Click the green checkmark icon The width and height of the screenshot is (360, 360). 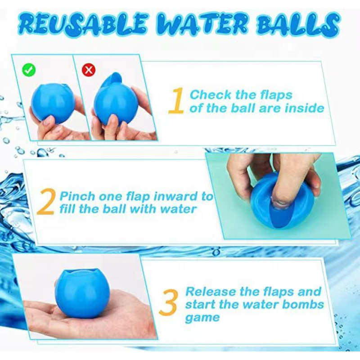point(29,70)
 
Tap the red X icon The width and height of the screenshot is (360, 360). point(89,70)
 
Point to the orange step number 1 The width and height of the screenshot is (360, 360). point(177,101)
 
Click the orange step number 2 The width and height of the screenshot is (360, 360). point(46,202)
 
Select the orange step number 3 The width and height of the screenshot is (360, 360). point(167,304)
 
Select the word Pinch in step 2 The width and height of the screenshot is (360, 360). point(77,196)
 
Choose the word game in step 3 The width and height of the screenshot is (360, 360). point(202,318)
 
